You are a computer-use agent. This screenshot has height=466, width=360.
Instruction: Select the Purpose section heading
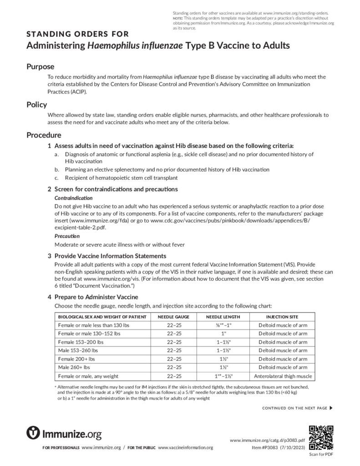click(x=40, y=66)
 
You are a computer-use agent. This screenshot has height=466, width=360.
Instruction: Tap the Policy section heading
click(x=36, y=105)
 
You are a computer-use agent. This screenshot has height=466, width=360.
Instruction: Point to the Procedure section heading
click(x=44, y=135)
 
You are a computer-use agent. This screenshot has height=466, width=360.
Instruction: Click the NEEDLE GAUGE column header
click(x=174, y=317)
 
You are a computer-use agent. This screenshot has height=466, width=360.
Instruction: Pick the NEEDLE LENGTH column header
click(x=223, y=317)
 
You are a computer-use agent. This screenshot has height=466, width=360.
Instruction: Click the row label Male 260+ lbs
click(x=74, y=367)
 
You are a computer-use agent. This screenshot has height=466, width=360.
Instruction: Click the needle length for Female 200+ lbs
click(x=223, y=359)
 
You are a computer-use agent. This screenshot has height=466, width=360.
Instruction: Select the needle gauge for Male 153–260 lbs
click(x=174, y=350)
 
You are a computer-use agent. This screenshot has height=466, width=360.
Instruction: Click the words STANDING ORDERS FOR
click(x=77, y=34)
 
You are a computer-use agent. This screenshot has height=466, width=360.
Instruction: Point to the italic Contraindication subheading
click(x=74, y=198)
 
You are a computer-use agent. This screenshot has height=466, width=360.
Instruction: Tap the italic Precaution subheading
click(x=67, y=236)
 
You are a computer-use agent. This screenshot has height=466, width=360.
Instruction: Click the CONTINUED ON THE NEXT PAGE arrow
click(x=330, y=408)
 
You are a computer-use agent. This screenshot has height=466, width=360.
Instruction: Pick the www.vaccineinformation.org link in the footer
click(x=185, y=448)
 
